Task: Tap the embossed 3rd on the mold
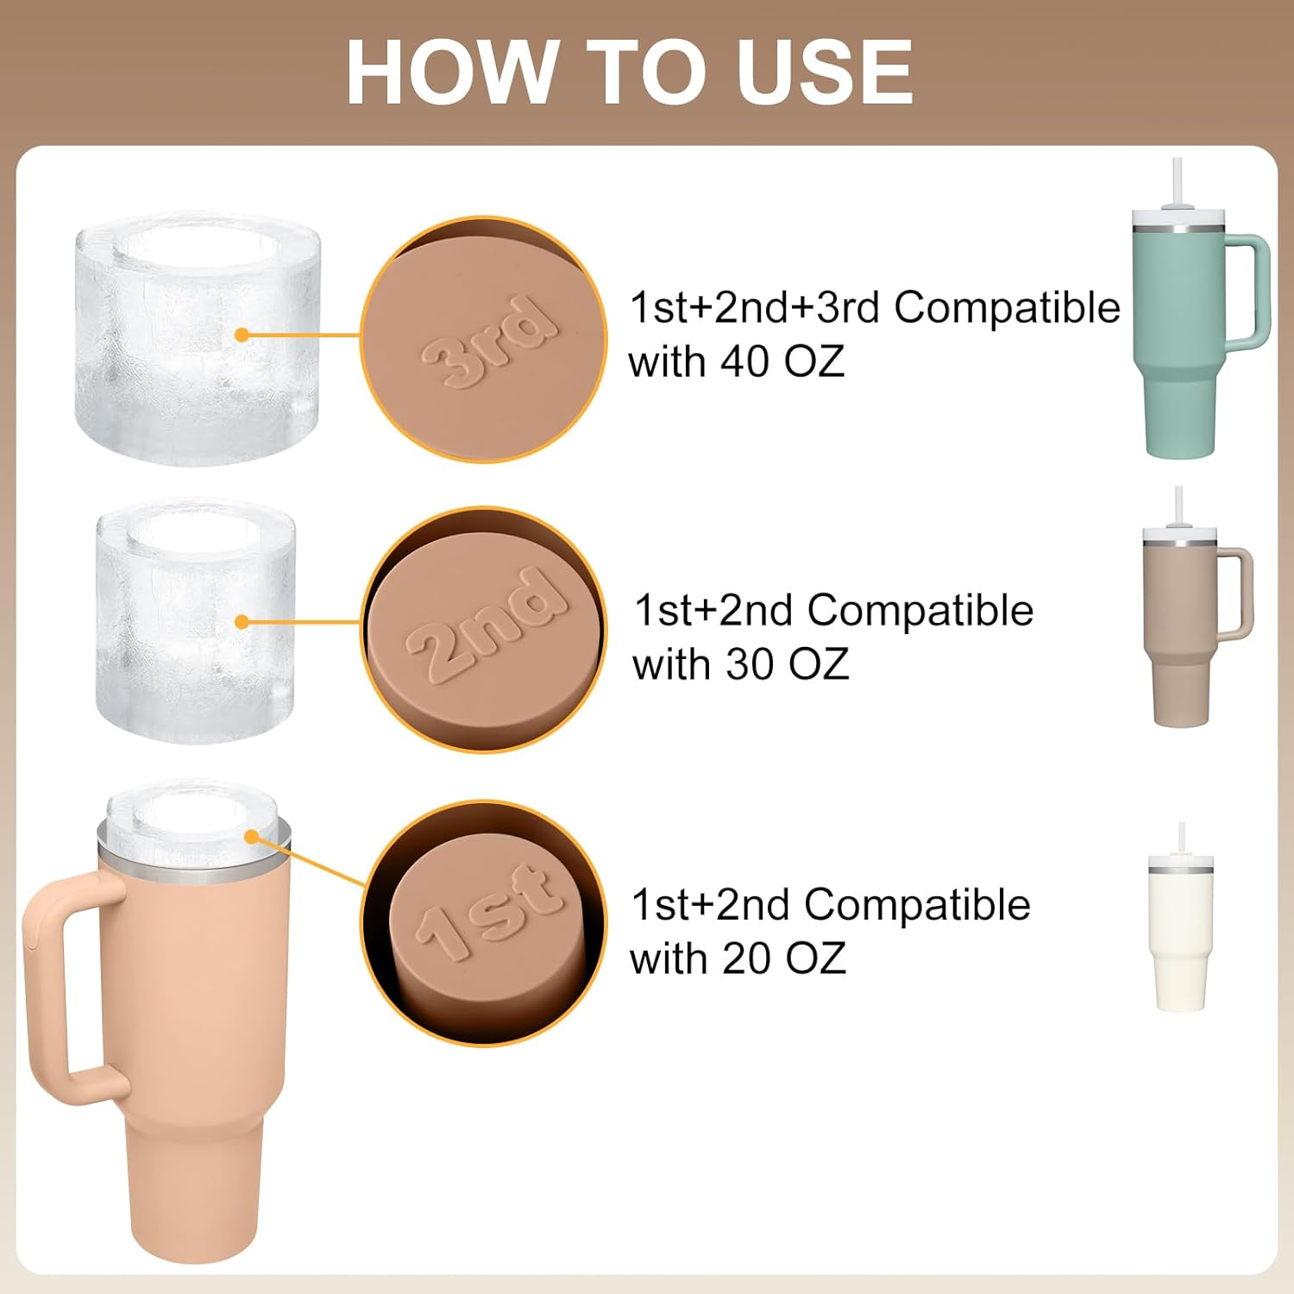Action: (488, 341)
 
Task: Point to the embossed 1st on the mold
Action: (489, 911)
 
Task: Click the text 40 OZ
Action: (782, 361)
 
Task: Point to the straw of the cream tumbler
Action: (1182, 839)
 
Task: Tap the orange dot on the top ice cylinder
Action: (242, 335)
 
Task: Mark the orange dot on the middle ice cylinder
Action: (242, 622)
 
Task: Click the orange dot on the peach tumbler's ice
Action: (252, 837)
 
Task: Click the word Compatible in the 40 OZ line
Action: (1007, 308)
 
